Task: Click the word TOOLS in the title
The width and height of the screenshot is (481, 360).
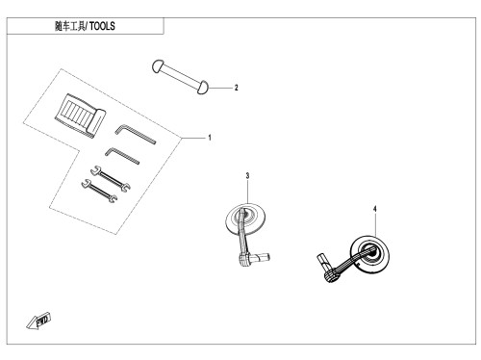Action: (102, 26)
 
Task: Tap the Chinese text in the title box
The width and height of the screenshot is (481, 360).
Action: (70, 26)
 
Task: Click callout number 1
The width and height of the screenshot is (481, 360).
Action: (210, 138)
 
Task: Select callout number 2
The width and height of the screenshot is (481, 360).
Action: (237, 88)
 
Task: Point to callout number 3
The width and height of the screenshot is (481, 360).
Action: (247, 175)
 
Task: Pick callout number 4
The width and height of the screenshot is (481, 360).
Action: (375, 209)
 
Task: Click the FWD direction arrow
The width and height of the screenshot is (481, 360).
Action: (38, 321)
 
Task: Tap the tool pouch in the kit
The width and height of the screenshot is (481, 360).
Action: (80, 116)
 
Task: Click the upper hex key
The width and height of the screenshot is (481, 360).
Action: (135, 134)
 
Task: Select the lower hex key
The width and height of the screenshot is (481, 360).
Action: (122, 156)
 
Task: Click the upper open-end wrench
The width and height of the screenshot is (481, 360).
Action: (111, 179)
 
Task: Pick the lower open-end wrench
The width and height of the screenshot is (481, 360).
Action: (99, 191)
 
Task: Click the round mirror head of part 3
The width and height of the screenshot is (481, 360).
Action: (245, 219)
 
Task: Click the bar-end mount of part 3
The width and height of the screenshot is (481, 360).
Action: (253, 259)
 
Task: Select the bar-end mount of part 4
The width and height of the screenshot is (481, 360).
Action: (328, 269)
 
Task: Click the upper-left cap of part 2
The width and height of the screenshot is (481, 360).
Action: (158, 66)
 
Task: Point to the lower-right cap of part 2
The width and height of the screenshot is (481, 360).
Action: (202, 88)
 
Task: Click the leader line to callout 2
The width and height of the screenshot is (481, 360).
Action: (220, 88)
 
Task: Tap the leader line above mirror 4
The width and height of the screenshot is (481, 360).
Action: (375, 225)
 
